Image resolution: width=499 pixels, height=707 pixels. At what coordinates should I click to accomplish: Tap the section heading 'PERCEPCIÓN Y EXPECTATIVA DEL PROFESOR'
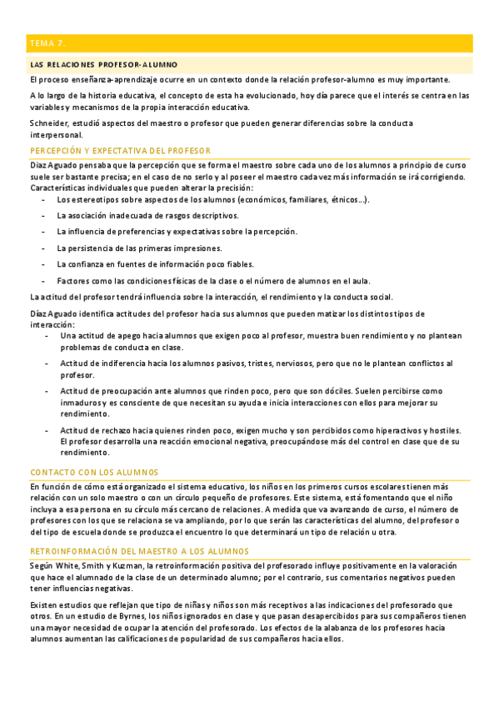pos(120,150)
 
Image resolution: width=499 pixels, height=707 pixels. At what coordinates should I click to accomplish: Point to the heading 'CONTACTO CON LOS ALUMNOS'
pos(92,471)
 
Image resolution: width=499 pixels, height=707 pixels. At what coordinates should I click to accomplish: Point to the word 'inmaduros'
pos(81,402)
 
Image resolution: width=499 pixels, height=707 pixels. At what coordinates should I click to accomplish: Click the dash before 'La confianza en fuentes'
pos(44,263)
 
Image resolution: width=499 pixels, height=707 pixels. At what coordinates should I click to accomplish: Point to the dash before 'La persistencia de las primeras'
pos(44,248)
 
